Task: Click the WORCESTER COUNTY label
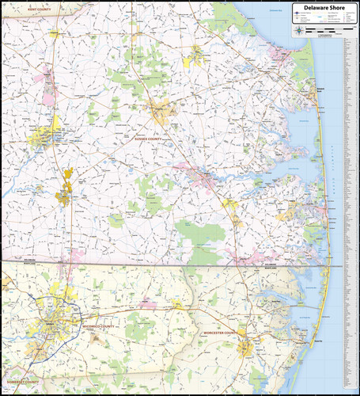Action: tap(219, 333)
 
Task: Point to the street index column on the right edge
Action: tap(352, 198)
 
